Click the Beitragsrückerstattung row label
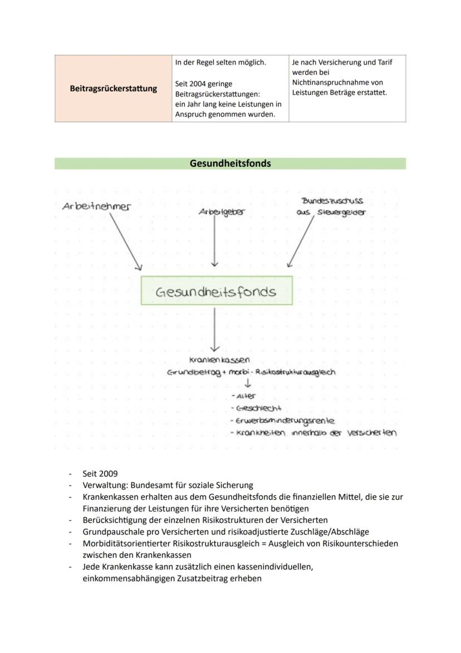pyautogui.click(x=114, y=88)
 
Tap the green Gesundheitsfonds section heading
pyautogui.click(x=230, y=163)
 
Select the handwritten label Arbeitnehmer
pyautogui.click(x=96, y=206)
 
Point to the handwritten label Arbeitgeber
pyautogui.click(x=222, y=212)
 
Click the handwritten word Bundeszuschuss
pyautogui.click(x=332, y=201)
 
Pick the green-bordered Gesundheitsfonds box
pyautogui.click(x=216, y=291)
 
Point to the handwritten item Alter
pyautogui.click(x=246, y=396)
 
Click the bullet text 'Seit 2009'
pyautogui.click(x=100, y=474)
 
